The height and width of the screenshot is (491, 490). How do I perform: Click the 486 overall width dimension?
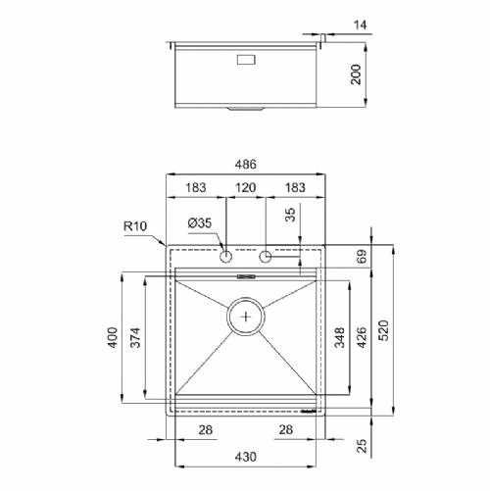coord(246,164)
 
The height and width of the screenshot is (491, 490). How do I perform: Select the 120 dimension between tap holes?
coord(246,187)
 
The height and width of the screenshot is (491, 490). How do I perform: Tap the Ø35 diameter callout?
coord(200,223)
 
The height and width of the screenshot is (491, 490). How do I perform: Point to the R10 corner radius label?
coord(135,225)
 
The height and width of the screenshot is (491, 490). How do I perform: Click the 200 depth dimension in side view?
coord(356,74)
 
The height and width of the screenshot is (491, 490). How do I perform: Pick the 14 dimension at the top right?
coord(361,25)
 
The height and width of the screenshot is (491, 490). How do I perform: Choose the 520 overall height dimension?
coord(385,330)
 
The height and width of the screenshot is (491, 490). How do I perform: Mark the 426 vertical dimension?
coord(363,337)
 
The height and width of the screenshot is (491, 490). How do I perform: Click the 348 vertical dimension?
coord(340,337)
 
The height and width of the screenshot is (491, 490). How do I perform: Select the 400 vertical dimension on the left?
coord(113,337)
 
